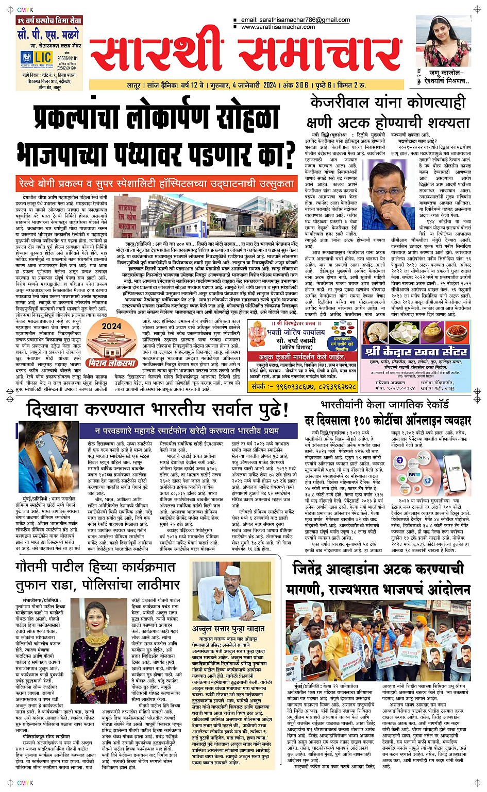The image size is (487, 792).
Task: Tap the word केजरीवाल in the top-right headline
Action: point(339,103)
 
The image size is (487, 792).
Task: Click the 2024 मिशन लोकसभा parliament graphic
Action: point(112,343)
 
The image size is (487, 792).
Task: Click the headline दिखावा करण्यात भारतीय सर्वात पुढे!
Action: point(157,410)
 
